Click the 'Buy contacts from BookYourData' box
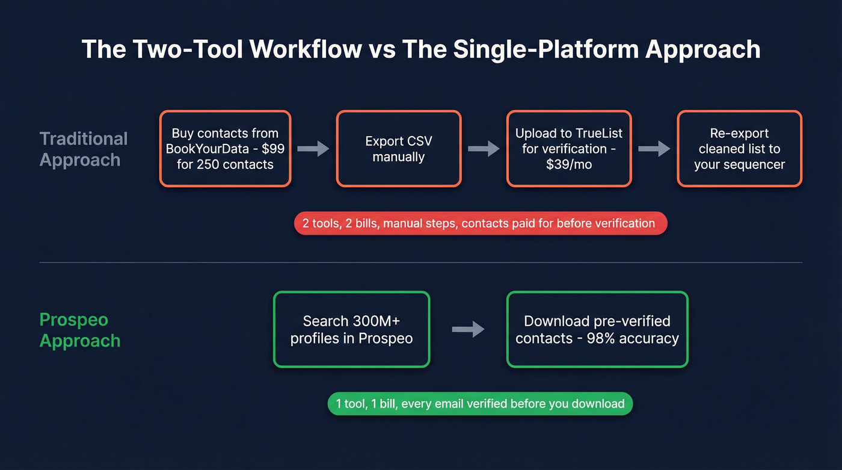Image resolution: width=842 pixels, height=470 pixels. (x=225, y=149)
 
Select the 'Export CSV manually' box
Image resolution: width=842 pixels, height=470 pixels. (x=398, y=149)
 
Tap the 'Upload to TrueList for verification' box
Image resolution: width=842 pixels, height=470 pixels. (x=568, y=149)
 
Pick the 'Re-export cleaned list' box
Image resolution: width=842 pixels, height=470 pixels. (x=739, y=149)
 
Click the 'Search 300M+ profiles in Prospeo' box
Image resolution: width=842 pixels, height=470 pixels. (x=351, y=329)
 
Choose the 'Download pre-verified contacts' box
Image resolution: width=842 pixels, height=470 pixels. (x=597, y=329)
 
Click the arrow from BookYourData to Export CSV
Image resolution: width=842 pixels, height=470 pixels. (x=313, y=149)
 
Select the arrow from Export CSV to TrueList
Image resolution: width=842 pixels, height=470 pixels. (x=484, y=149)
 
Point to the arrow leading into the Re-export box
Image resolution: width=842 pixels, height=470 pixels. (x=654, y=149)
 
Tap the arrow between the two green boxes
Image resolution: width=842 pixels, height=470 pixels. (x=469, y=329)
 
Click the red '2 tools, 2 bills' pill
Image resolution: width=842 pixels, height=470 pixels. (x=480, y=223)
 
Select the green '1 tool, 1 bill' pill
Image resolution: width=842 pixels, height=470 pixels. (x=480, y=404)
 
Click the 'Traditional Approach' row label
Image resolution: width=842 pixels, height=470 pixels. (x=83, y=149)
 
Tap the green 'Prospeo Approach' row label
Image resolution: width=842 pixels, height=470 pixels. (x=79, y=330)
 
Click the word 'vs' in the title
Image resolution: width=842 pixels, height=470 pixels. (x=381, y=49)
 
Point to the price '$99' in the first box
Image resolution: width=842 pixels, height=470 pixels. (x=272, y=149)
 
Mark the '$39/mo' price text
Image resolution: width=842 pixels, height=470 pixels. (x=568, y=164)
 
